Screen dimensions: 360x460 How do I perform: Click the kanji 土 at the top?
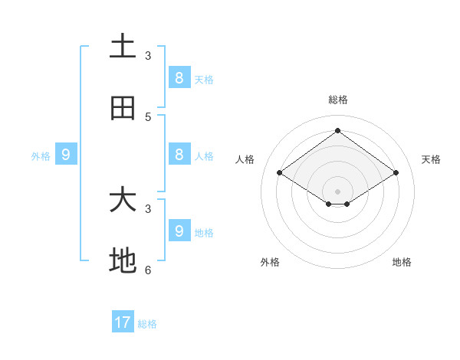(x=123, y=46)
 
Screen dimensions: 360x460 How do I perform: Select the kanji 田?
(x=123, y=108)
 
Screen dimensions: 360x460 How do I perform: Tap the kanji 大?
(x=123, y=200)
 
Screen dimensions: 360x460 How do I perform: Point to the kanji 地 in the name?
(x=123, y=261)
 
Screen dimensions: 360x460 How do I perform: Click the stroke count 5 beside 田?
(x=148, y=116)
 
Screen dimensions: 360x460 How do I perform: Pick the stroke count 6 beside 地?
(x=148, y=270)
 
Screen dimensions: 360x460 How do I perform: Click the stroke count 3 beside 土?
(x=148, y=55)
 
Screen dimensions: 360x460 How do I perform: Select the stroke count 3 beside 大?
(x=148, y=208)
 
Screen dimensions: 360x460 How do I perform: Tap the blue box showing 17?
(x=123, y=322)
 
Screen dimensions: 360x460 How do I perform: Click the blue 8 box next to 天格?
(x=179, y=77)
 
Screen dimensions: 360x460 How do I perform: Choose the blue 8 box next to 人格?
(x=179, y=154)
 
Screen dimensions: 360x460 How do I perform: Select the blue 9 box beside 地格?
(x=179, y=231)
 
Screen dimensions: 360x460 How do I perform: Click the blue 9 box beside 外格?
(x=66, y=154)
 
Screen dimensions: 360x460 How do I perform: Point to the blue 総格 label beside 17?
(x=147, y=324)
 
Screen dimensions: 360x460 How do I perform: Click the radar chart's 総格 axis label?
(x=337, y=100)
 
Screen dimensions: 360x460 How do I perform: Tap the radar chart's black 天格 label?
(x=431, y=159)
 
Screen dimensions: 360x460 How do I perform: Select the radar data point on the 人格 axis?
(x=280, y=173)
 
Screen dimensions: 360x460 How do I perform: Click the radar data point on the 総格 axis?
(x=337, y=130)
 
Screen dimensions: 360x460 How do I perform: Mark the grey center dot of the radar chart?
(x=337, y=191)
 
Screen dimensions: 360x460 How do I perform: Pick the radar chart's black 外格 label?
(x=270, y=262)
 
